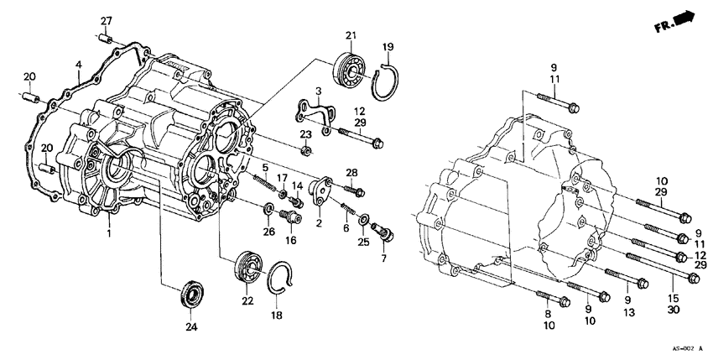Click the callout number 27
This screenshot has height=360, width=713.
click(x=107, y=21)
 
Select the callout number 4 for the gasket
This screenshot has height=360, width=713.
click(x=78, y=65)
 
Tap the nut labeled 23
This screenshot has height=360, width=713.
click(x=307, y=151)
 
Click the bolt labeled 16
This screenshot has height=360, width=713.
click(x=291, y=219)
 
